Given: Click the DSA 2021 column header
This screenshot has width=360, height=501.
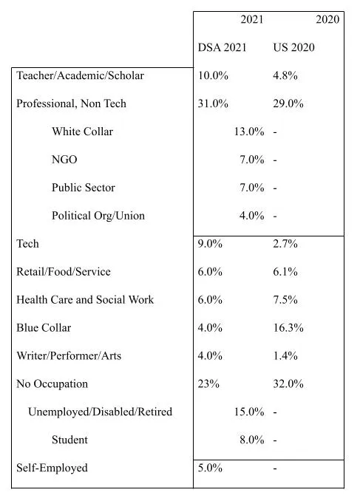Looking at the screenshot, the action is tap(223, 47).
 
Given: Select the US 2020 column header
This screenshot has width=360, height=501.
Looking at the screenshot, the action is tap(293, 47).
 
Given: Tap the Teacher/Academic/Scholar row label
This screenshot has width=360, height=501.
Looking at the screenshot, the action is tap(81, 75).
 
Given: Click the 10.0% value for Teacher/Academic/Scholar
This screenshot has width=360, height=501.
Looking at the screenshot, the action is tap(213, 75).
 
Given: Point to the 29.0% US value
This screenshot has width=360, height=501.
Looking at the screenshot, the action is tap(288, 103).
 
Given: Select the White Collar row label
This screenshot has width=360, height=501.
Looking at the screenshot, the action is tap(83, 132).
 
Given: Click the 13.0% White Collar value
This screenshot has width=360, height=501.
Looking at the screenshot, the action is tap(249, 132).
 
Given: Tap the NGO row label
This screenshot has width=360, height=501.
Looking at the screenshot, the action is tap(64, 160).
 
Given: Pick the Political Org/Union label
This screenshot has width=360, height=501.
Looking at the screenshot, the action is tap(98, 216).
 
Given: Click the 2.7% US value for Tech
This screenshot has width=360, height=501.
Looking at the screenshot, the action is tap(285, 244).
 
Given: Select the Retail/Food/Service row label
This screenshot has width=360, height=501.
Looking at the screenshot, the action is tap(64, 272).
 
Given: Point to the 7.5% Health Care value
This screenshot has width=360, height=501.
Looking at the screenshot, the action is tap(285, 300).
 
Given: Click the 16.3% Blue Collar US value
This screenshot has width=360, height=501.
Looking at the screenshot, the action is tap(288, 328).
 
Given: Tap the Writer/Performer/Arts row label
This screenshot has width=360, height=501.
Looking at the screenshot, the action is tap(69, 355).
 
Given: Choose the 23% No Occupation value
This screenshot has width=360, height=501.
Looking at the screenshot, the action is tap(208, 384).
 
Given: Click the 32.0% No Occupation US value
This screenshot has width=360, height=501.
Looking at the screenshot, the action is tap(288, 384).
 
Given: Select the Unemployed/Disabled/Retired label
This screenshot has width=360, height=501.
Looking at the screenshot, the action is tap(101, 412).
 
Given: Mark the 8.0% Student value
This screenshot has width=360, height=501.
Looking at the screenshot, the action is tap(252, 440).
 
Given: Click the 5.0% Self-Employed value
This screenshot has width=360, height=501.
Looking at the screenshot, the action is tap(210, 468).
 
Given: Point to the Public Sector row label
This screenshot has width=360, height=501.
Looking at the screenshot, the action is tap(84, 188).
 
